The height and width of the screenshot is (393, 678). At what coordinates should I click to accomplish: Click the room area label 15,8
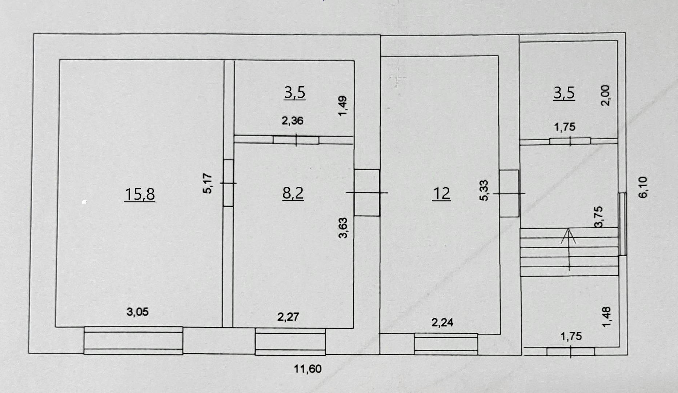pos(140,194)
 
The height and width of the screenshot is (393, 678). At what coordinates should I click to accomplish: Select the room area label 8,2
pos(293,193)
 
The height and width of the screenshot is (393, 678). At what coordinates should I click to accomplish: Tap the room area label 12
pos(441,193)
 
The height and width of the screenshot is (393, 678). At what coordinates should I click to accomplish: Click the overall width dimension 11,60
pos(308,369)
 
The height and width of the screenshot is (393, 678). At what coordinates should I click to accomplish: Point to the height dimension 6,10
pos(643,187)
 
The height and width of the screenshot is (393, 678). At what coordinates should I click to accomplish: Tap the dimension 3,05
pos(137,312)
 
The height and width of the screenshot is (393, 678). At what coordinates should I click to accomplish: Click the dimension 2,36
pos(292,121)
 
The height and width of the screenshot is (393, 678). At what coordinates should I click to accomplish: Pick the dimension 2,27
pos(288,317)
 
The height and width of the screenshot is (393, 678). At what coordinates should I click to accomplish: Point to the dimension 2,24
pos(442,322)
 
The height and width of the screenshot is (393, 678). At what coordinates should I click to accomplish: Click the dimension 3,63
pos(343,228)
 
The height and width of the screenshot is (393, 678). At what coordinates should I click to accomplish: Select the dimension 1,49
pos(343,106)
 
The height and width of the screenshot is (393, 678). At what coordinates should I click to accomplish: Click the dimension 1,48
pos(606,317)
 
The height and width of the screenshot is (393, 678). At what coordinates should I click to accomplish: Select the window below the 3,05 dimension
pos(133,341)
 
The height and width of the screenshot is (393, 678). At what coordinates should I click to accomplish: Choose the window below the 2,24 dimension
pos(446,344)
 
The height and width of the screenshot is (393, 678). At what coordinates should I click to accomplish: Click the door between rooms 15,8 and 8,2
pos(228,183)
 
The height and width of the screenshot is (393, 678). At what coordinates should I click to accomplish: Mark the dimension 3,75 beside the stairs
pos(598,217)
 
